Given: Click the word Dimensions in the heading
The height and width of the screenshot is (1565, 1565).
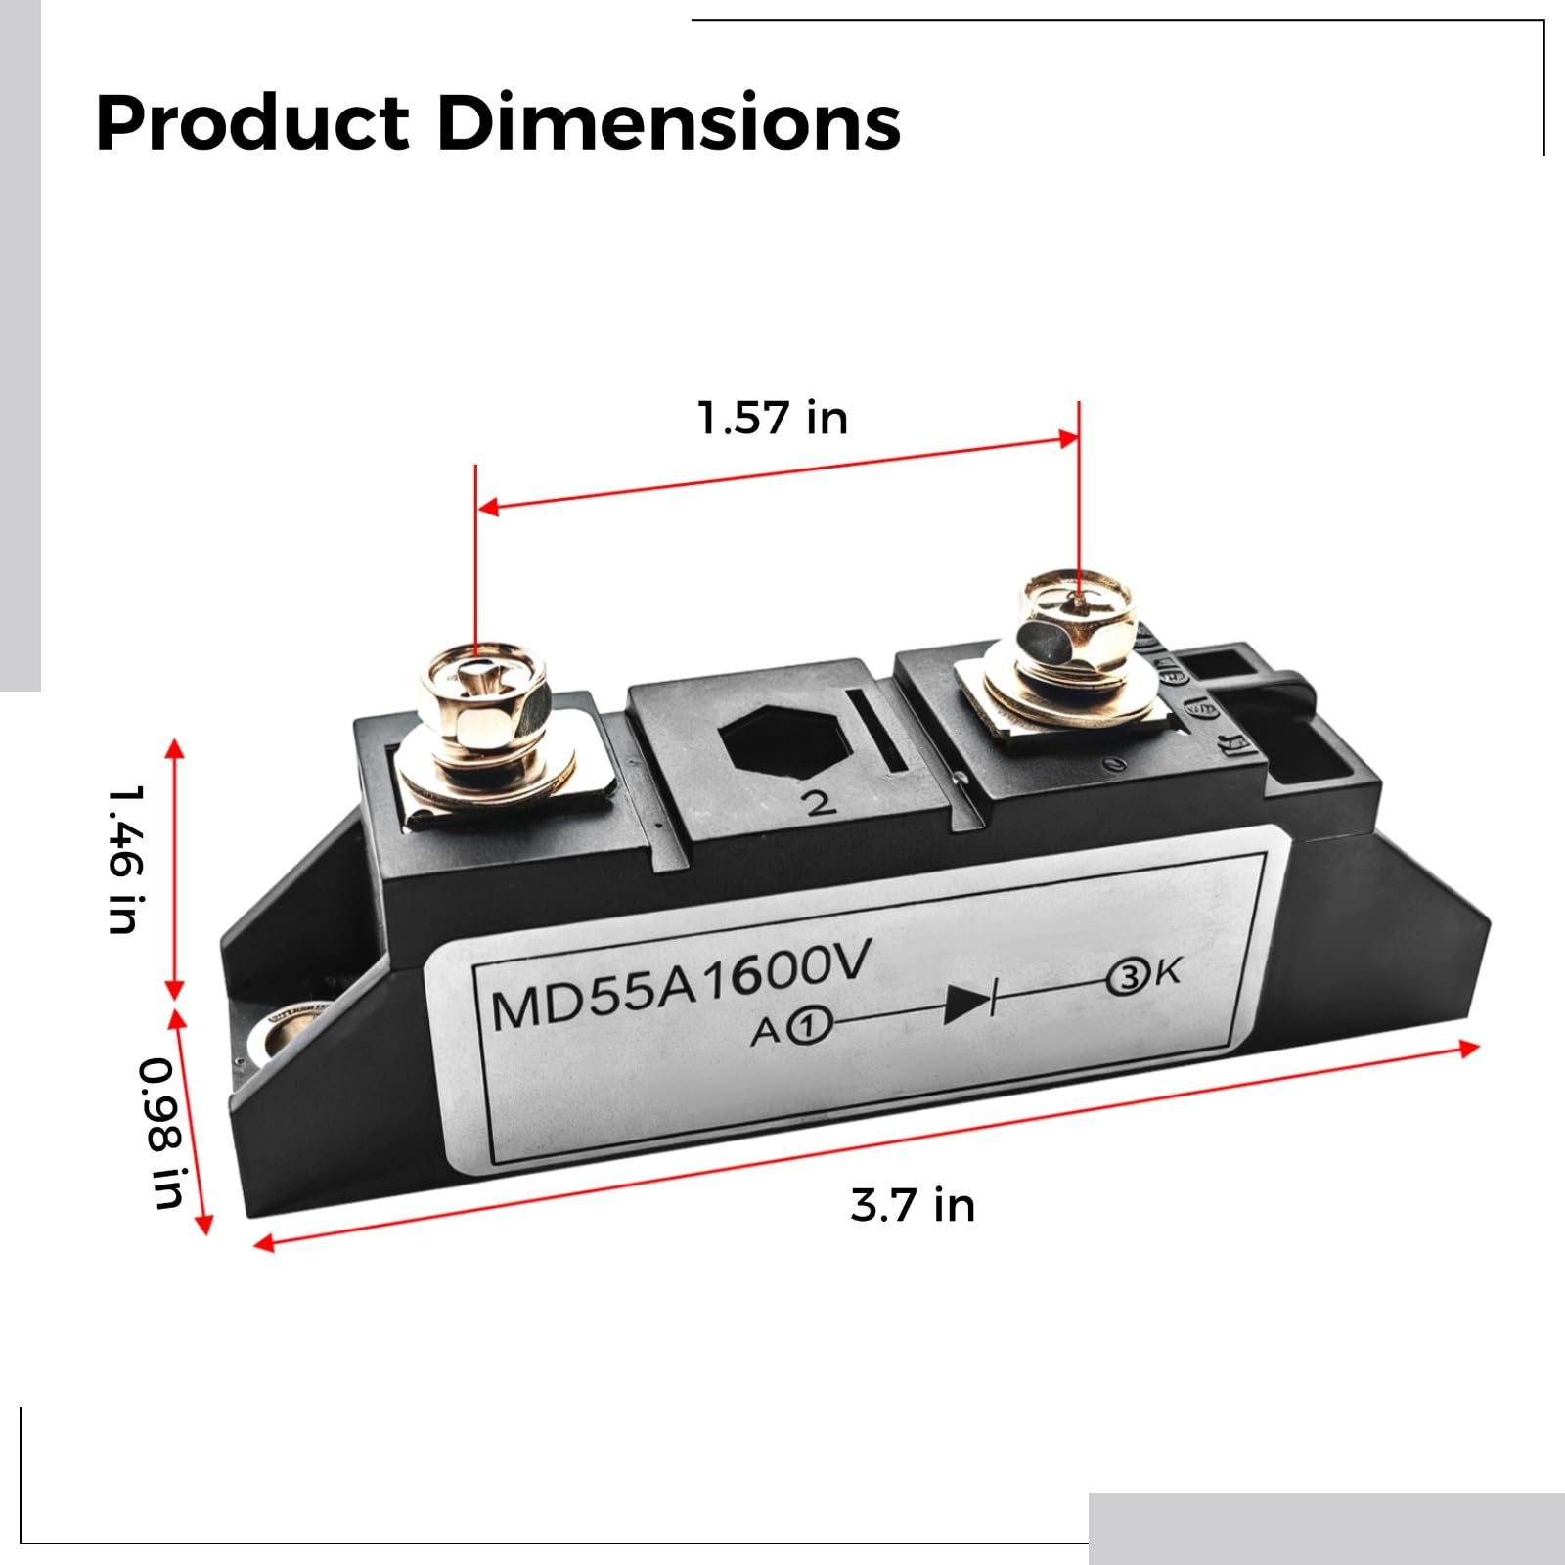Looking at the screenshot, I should (x=668, y=123).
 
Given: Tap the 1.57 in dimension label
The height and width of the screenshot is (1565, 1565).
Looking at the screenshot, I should (x=772, y=419).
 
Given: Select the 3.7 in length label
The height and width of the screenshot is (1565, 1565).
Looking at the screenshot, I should (x=912, y=1205).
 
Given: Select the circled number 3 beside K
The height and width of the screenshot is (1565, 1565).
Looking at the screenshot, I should (x=1128, y=978).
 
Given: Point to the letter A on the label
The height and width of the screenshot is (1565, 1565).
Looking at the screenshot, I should (x=765, y=1032).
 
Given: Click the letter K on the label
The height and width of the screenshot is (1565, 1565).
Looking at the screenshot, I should (x=1167, y=972).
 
